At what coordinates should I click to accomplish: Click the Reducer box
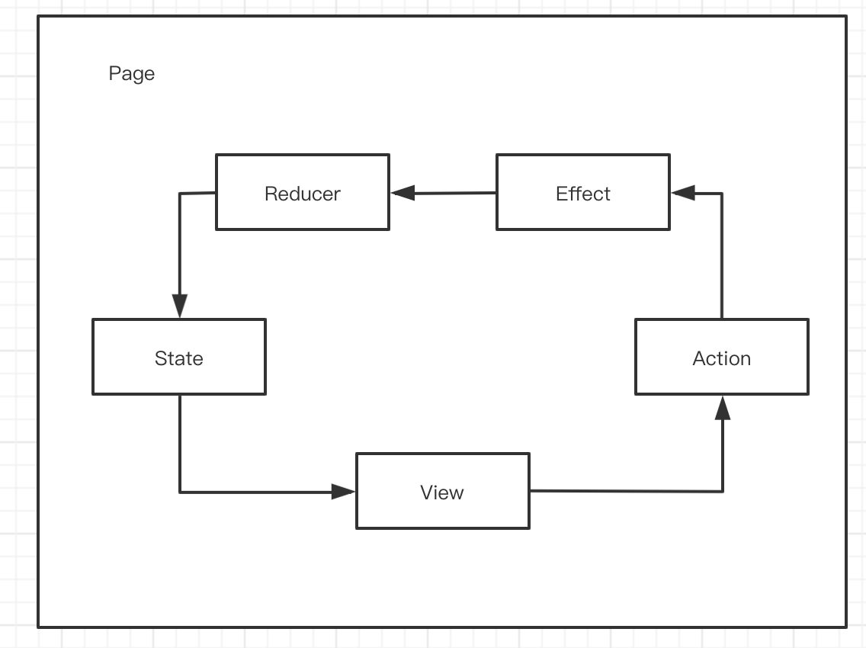click(303, 192)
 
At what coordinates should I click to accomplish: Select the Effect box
click(583, 192)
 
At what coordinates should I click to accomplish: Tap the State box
click(179, 357)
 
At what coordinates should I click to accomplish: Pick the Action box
click(722, 357)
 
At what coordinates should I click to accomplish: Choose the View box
click(443, 491)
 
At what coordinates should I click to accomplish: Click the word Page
click(131, 74)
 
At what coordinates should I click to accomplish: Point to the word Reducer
click(303, 194)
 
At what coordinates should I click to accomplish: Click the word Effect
click(583, 194)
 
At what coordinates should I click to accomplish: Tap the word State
click(179, 358)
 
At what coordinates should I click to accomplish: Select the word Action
click(722, 358)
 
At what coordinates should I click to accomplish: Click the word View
click(442, 492)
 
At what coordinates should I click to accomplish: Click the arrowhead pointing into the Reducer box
click(403, 193)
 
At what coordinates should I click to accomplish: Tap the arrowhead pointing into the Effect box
click(683, 193)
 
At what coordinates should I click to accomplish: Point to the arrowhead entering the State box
click(179, 306)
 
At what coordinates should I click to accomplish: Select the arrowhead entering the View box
click(343, 492)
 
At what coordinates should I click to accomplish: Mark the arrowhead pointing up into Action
click(723, 408)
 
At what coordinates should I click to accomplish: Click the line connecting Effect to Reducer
click(443, 194)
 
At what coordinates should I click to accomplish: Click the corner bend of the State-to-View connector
click(180, 492)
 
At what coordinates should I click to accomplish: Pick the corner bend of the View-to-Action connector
click(723, 491)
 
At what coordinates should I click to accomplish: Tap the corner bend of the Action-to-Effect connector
click(722, 194)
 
